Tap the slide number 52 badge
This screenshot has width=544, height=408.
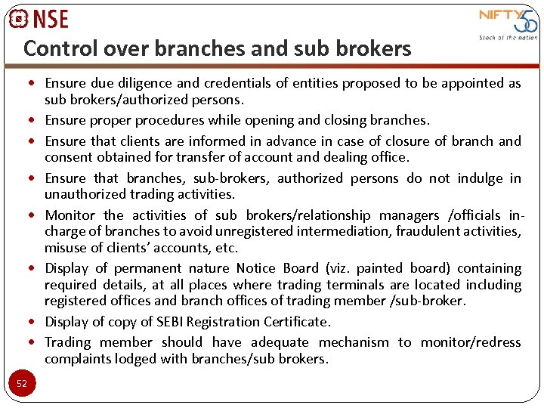click(22, 383)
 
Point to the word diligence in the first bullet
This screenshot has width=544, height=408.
click(152, 83)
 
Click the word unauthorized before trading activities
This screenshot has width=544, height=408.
click(91, 194)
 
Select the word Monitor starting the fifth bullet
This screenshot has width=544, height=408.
click(70, 215)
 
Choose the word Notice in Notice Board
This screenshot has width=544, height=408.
click(256, 268)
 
